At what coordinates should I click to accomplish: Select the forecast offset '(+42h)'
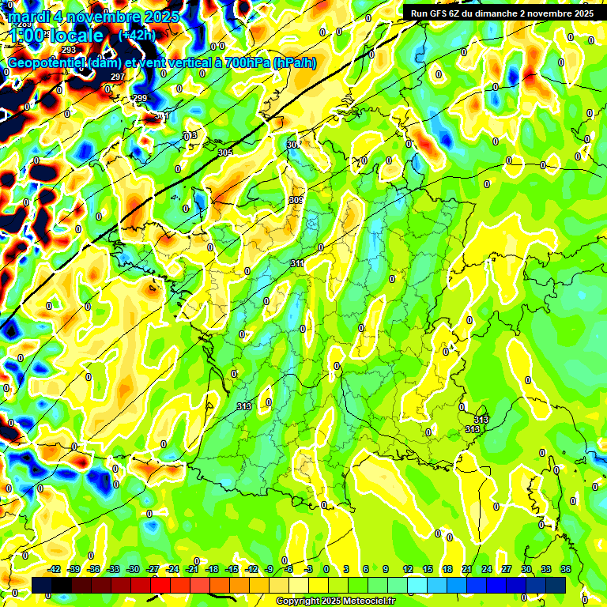click(x=137, y=36)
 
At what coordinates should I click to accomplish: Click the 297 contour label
click(x=118, y=77)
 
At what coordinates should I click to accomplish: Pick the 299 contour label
click(x=140, y=98)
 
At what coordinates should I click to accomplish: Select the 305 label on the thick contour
click(x=224, y=153)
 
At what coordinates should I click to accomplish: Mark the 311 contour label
click(x=297, y=263)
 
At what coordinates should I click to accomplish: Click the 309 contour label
click(x=296, y=200)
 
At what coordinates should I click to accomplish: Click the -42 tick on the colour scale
click(x=55, y=569)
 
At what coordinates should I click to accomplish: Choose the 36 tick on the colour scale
click(x=566, y=569)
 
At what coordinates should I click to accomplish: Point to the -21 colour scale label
click(x=192, y=569)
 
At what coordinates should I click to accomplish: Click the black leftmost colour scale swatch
click(x=43, y=585)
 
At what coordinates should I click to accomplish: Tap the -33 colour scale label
click(x=113, y=569)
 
